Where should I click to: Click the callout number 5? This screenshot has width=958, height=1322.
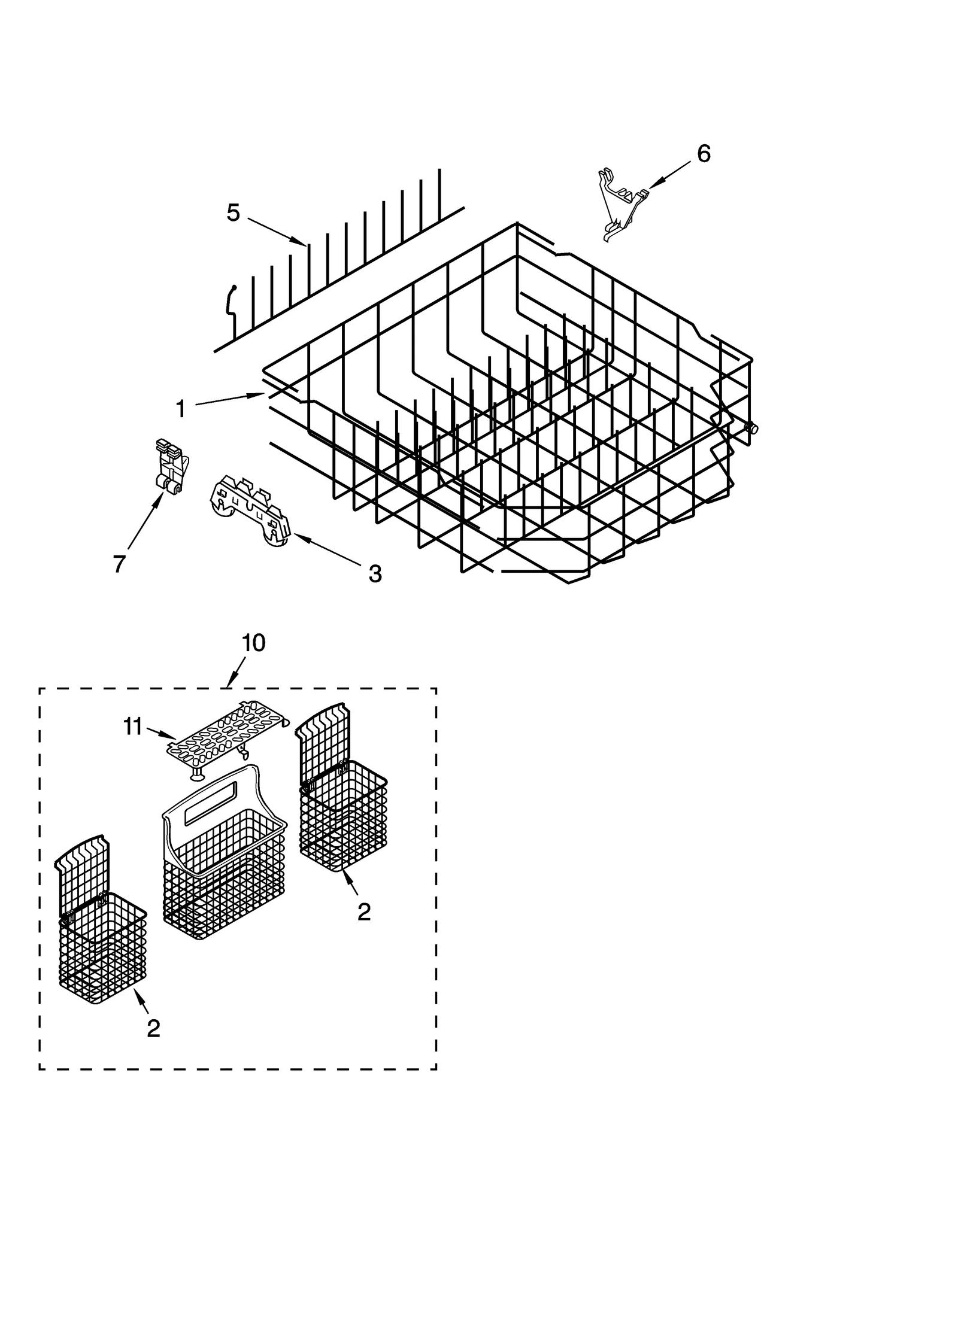pyautogui.click(x=233, y=213)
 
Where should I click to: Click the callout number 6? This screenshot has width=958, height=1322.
pyautogui.click(x=704, y=154)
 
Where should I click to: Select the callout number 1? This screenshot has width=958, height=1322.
pyautogui.click(x=180, y=409)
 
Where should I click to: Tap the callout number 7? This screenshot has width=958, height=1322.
pyautogui.click(x=119, y=563)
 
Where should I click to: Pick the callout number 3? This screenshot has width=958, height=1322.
pyautogui.click(x=374, y=574)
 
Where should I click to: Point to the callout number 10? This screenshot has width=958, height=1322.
pyautogui.click(x=253, y=643)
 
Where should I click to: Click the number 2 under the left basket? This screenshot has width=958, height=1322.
pyautogui.click(x=153, y=1028)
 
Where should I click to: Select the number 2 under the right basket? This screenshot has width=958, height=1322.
pyautogui.click(x=363, y=911)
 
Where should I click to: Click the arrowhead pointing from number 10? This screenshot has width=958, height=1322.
pyautogui.click(x=231, y=684)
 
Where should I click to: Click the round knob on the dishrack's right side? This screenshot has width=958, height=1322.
pyautogui.click(x=751, y=428)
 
